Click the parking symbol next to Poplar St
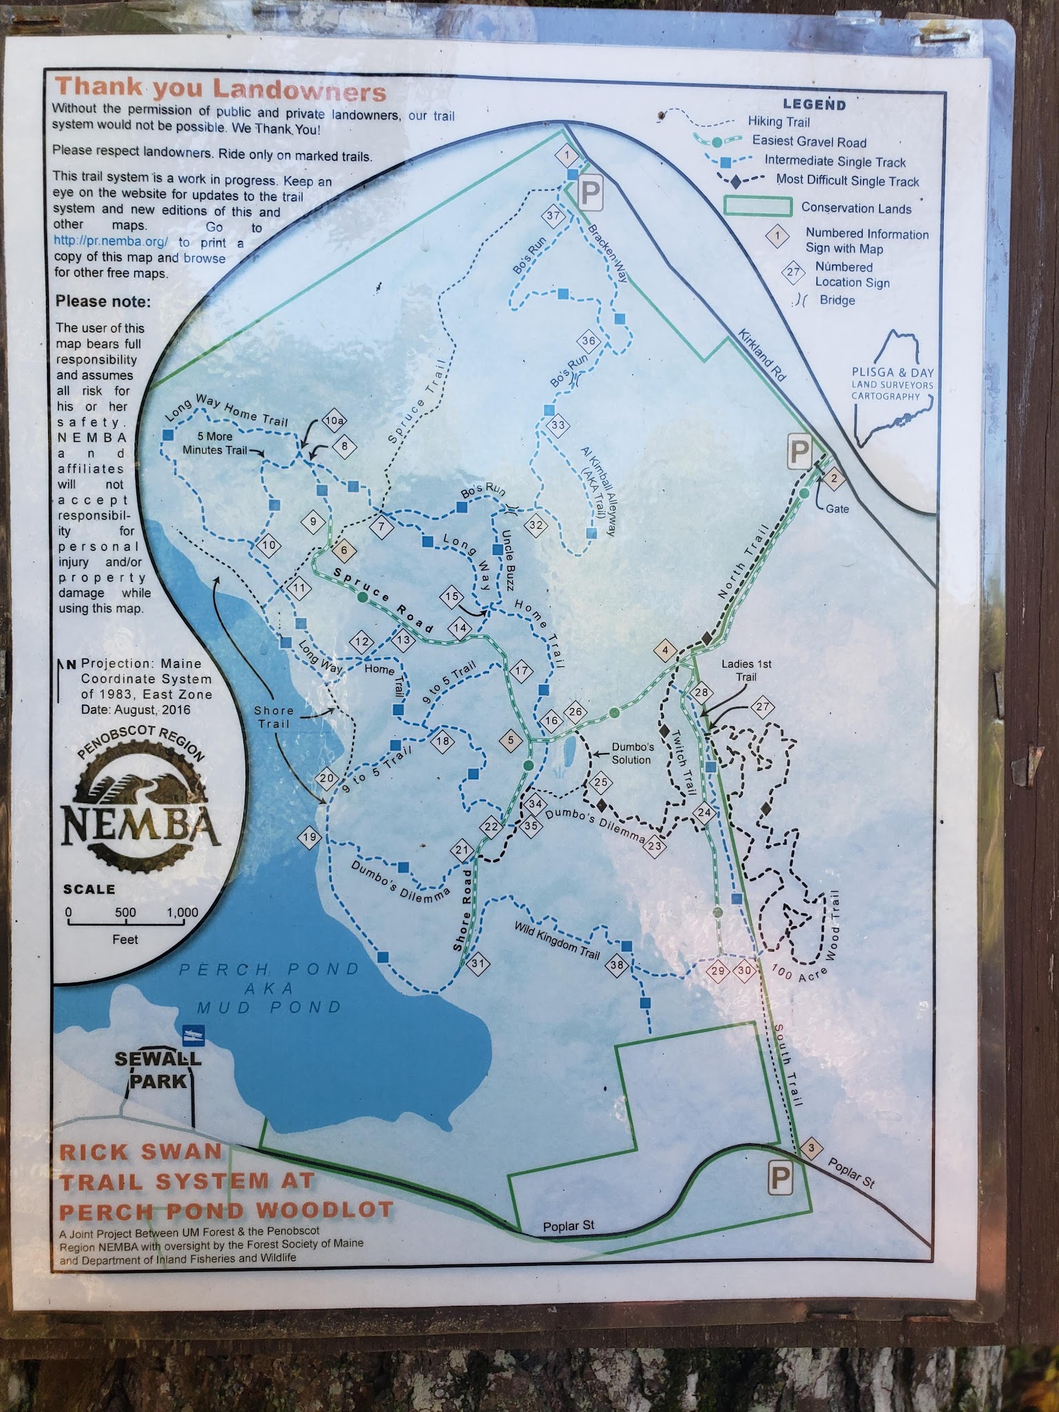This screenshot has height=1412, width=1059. coord(780,1180)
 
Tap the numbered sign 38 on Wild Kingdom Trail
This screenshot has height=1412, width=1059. coord(617,965)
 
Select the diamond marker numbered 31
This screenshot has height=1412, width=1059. coord(477,964)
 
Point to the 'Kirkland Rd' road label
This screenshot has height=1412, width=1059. coord(762,354)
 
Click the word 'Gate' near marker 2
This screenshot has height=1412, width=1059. coord(837,509)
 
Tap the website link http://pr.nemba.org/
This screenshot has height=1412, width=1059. coord(111,242)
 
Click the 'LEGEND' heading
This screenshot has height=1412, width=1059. coord(814,105)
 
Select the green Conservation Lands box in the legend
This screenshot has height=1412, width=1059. coord(756,207)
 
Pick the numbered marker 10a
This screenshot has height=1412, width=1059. coord(334,421)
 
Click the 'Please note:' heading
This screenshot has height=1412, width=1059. coord(103,301)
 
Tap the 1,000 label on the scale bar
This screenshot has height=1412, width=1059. coord(182,912)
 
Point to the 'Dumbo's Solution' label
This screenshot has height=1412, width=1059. coord(632,753)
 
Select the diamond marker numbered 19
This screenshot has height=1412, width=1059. coord(310,838)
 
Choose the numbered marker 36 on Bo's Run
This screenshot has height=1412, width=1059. coord(588,341)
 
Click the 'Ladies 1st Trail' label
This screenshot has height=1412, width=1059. coord(746,670)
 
